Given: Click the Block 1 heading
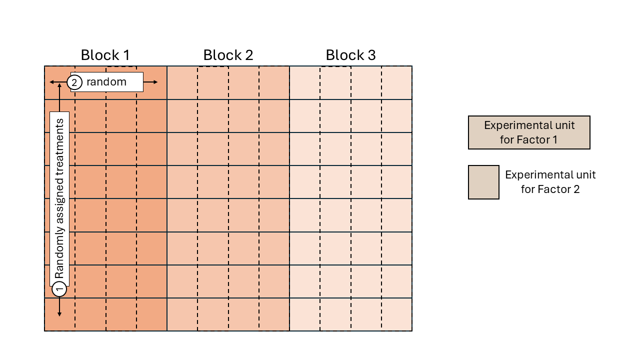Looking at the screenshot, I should pos(105,55).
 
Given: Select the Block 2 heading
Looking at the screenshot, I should pos(228,55).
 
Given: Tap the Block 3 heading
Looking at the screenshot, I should pos(350,55).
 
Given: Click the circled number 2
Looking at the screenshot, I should pos(74,82).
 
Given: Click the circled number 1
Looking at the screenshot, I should pos(59,289).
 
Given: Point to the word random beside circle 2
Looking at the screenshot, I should pos(106,82).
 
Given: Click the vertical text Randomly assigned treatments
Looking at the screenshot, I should pos(59,198).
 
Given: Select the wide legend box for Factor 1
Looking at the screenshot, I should pos(529,132).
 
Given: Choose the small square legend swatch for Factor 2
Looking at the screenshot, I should pos(483,182).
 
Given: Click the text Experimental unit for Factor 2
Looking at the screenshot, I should pos(550,182).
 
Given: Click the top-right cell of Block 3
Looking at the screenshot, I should pos(397,82).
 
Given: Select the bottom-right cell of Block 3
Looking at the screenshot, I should pos(397,314).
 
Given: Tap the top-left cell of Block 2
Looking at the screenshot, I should pos(182,82).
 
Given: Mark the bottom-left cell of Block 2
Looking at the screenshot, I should pos(182,314).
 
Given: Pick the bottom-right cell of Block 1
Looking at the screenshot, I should pos(151,314).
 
